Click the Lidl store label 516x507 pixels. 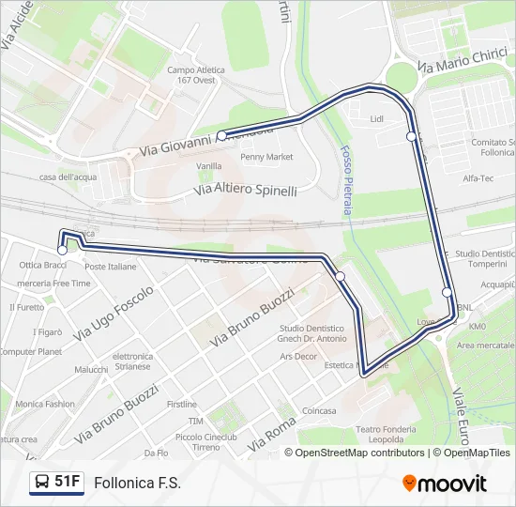(377, 119)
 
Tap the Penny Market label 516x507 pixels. (266, 157)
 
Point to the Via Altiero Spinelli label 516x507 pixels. (245, 190)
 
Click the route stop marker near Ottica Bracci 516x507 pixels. (63, 250)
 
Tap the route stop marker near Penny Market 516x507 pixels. (221, 136)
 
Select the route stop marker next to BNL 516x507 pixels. (448, 292)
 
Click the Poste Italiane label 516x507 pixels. (110, 267)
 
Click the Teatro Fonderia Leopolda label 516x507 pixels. (367, 435)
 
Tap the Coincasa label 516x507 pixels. (319, 410)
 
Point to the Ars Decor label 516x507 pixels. (297, 357)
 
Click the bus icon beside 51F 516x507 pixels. (42, 483)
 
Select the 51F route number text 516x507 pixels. (68, 483)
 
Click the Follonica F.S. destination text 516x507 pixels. (137, 483)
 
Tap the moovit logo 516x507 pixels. (445, 484)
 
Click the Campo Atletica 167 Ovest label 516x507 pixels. (196, 75)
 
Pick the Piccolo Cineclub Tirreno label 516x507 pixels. (205, 442)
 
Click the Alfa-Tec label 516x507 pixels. (478, 177)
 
